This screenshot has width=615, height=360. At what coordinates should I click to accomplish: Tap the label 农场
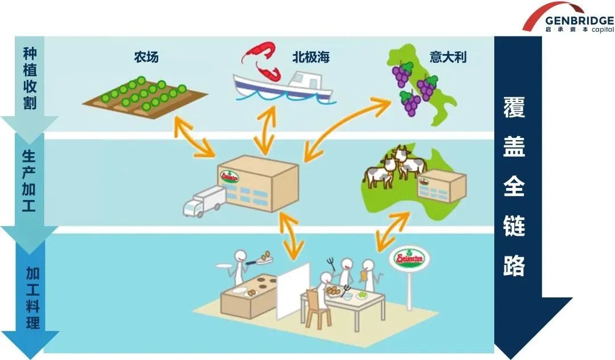point(146,57)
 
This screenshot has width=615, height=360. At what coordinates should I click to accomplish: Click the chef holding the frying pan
point(235,268)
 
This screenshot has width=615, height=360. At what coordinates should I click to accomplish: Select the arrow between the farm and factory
point(193,137)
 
